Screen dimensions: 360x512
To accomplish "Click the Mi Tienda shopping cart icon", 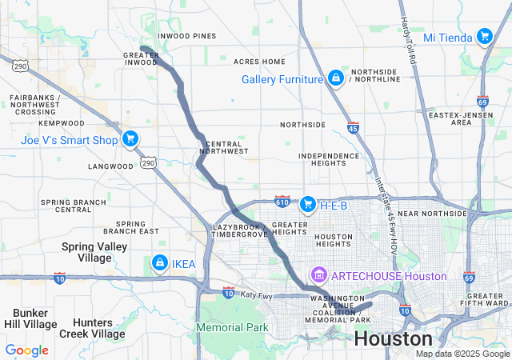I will coord(483,37).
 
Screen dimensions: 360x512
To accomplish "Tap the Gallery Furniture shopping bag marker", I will coord(335,78).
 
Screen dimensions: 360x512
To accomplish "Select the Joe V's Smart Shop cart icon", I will coord(130,138).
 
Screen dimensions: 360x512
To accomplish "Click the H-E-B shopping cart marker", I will coord(307,206).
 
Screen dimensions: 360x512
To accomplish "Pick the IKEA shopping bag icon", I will coord(160,263).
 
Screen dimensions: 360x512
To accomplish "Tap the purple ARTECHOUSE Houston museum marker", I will coord(320,276).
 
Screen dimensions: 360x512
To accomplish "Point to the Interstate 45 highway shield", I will coord(354,127).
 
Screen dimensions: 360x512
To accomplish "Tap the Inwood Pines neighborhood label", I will coord(187,36).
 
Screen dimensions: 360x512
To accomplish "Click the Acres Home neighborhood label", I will coord(259,62).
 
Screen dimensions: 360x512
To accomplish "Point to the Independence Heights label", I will coord(329,159).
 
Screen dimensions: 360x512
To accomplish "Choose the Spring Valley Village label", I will coord(94,252).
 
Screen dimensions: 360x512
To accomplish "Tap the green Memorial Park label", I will coord(232,327).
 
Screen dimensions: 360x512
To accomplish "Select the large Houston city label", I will coord(394,338).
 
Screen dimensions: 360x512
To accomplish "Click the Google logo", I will coord(26,350).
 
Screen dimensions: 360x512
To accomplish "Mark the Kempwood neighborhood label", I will coord(61,123).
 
